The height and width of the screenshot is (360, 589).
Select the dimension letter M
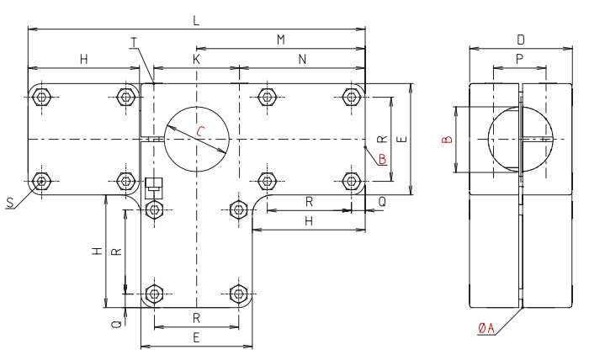[281, 40]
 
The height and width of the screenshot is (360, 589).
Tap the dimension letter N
[302, 59]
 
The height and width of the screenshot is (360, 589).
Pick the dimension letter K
[196, 59]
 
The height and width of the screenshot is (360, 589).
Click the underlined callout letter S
[9, 202]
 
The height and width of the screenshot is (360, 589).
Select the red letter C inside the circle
[199, 132]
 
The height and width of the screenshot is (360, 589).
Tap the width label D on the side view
[521, 40]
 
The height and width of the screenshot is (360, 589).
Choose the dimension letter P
[519, 59]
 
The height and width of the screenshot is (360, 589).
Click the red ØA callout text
[486, 331]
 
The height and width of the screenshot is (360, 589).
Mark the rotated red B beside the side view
[448, 140]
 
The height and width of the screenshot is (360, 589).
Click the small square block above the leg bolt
[153, 184]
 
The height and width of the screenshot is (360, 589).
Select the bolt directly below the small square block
[153, 208]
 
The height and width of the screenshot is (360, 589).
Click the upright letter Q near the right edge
[381, 203]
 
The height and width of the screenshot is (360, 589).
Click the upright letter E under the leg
[195, 337]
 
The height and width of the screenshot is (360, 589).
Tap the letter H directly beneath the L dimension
[82, 59]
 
